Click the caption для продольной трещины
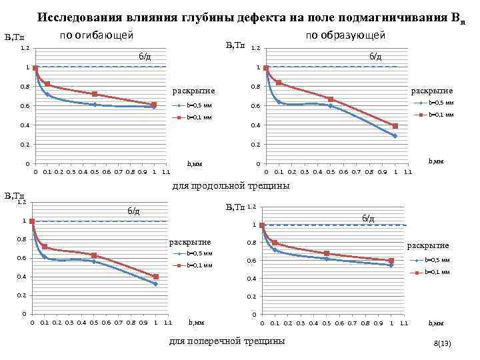231,186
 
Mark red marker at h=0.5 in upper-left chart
95,94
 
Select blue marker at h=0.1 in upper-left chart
47,95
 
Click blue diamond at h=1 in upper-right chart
395,136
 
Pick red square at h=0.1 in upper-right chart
279,83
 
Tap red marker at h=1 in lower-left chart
155,277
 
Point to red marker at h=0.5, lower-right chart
327,253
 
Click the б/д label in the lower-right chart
368,218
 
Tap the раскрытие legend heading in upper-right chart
431,91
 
